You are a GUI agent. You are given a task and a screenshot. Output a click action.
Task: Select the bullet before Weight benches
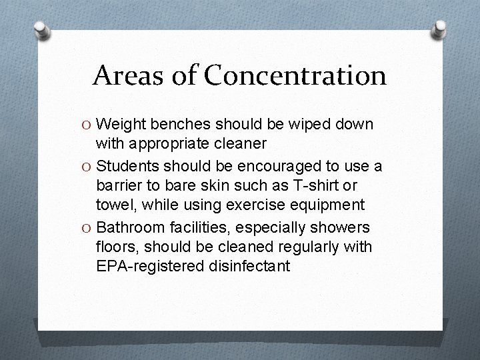pyautogui.click(x=87, y=125)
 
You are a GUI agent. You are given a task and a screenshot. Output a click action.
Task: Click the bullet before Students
pyautogui.click(x=87, y=166)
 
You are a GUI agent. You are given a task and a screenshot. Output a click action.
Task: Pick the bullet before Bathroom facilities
pyautogui.click(x=87, y=228)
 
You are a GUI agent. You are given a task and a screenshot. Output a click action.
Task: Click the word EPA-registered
pyautogui.click(x=149, y=267)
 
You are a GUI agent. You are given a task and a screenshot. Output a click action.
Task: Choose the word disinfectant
pyautogui.click(x=249, y=267)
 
